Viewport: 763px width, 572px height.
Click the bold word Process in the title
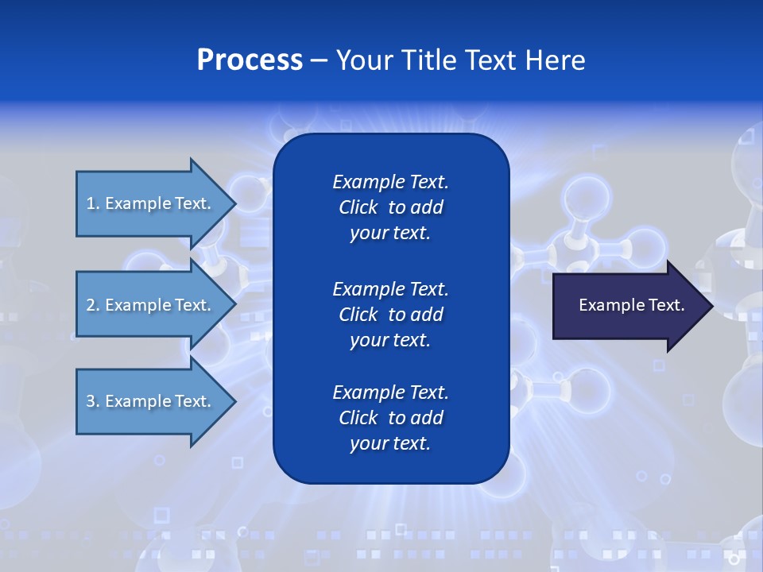[250, 60]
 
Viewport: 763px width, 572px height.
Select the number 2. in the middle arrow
[93, 305]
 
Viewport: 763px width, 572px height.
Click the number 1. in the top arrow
[93, 203]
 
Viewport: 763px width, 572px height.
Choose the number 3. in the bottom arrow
[93, 401]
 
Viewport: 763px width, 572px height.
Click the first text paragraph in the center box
[390, 207]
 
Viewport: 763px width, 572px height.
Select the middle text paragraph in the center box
[390, 315]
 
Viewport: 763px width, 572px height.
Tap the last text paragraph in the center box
[390, 418]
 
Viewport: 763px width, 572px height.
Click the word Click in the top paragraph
[358, 208]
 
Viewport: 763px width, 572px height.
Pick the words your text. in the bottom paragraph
[390, 443]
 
